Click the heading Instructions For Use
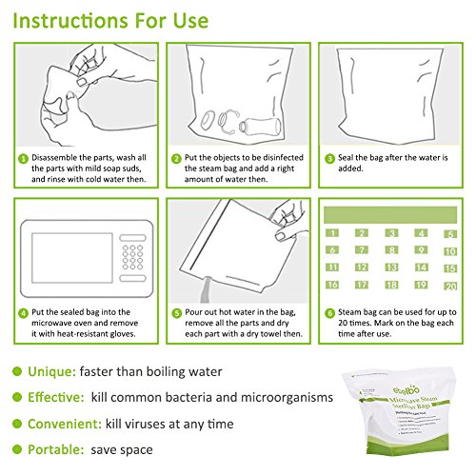tap(110, 21)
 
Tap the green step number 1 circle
tap(23, 159)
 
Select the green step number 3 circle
tap(329, 159)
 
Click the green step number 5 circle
tap(177, 313)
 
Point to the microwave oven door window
tap(72, 258)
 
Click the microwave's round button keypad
tap(132, 257)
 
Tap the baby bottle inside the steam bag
tap(260, 126)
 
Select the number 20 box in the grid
tap(450, 287)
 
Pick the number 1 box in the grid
tap(332, 233)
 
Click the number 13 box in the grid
tap(391, 268)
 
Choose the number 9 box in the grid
tap(421, 250)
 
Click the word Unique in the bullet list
tap(51, 372)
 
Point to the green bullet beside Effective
tap(17, 397)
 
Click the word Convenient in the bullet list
tap(65, 424)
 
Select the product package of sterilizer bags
tap(401, 410)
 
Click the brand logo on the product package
tap(407, 390)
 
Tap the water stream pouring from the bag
tap(206, 289)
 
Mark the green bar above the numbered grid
tap(390, 215)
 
